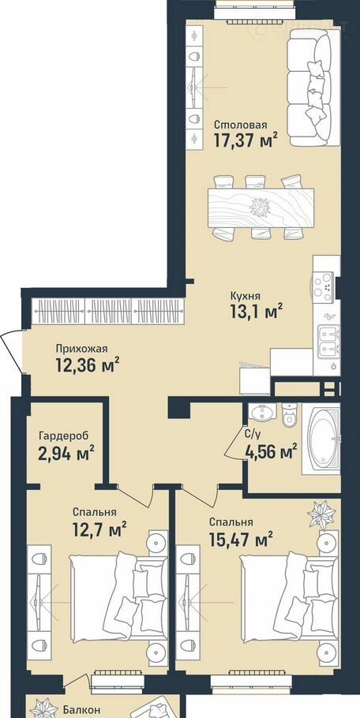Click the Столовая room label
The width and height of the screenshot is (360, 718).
point(241,125)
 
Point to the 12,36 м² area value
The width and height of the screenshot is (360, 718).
point(88,365)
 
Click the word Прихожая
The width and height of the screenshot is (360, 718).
point(81,349)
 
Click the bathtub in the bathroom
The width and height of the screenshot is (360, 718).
point(324,437)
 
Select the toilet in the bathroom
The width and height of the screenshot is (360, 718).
point(290,414)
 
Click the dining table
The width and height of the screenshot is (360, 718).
point(261,208)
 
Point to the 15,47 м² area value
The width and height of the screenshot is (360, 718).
point(241,540)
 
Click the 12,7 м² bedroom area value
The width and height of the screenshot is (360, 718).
point(99,530)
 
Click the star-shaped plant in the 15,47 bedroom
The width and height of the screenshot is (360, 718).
point(321,515)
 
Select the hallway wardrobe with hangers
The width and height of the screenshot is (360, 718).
point(108,312)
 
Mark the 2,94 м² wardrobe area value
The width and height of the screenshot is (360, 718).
point(67,454)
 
